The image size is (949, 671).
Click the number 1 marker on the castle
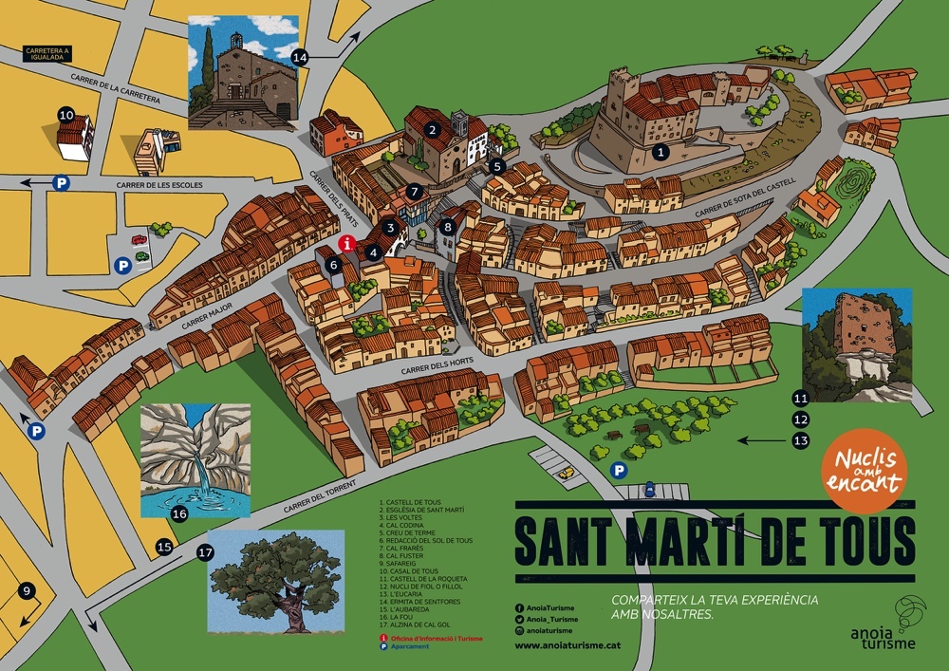(662, 150)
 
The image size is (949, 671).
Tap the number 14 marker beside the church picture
(300, 57)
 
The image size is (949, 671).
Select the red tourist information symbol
(347, 244)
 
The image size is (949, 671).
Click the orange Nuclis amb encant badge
(863, 471)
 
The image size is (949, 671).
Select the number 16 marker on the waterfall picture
(179, 514)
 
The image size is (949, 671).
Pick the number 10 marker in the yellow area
(66, 115)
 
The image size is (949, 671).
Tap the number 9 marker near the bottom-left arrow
(27, 591)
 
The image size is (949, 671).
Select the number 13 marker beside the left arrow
(801, 440)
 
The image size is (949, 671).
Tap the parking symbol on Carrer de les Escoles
(61, 183)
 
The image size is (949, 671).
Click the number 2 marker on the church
(432, 130)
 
